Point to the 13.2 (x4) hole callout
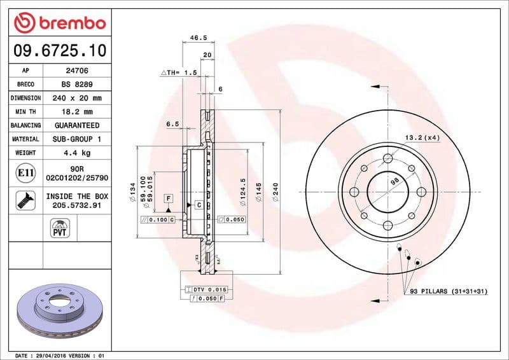(422, 138)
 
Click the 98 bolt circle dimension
(394, 182)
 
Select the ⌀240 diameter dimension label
(275, 191)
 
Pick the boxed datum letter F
(169, 198)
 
